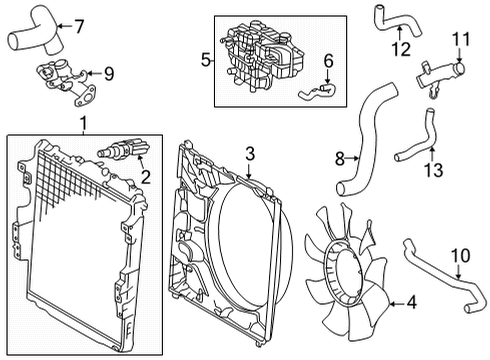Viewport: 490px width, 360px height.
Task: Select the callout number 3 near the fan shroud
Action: click(x=252, y=154)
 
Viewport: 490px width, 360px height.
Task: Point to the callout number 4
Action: click(x=412, y=303)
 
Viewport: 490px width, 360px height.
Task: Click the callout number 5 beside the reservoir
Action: click(x=207, y=60)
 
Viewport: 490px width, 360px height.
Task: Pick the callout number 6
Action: click(x=325, y=62)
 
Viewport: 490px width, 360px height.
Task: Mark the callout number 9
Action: click(x=109, y=72)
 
